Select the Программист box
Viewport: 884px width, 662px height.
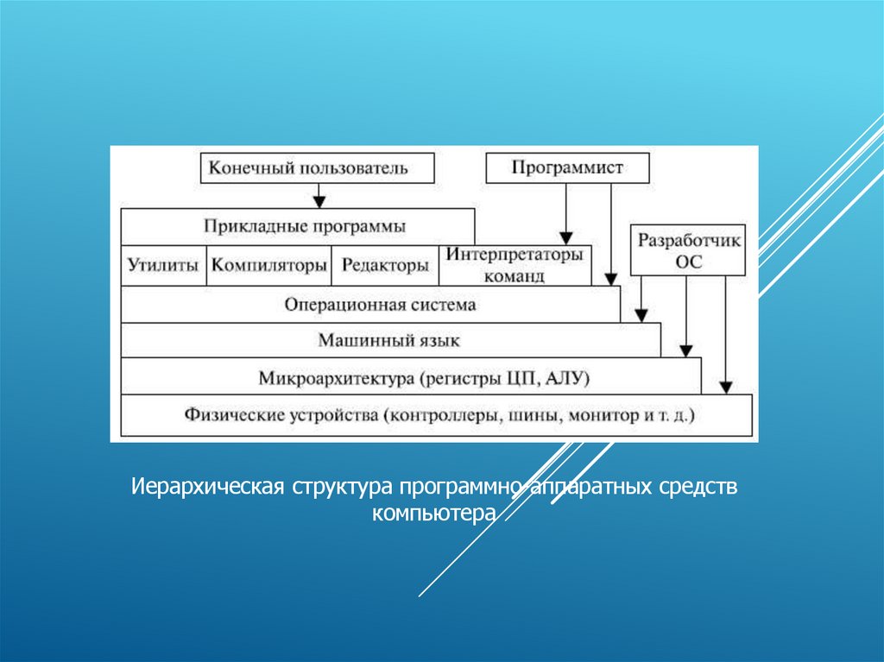566,167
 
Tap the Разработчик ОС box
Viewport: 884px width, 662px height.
688,251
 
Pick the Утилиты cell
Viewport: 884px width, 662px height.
163,266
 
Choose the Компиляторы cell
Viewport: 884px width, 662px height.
269,266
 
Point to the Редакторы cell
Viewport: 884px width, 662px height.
385,266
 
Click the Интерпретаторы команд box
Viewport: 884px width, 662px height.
515,266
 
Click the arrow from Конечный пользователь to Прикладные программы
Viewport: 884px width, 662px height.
319,195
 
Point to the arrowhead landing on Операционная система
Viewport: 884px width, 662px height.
611,280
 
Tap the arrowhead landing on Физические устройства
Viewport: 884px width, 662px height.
726,387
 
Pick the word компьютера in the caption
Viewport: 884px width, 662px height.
433,514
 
